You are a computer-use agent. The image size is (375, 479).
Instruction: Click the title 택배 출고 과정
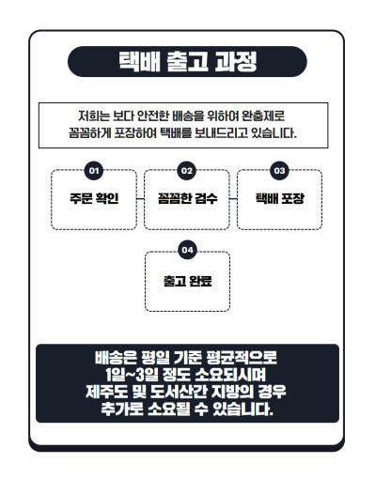click(187, 61)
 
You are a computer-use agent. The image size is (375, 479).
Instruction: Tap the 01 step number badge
click(94, 171)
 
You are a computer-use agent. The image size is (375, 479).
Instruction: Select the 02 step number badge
click(187, 171)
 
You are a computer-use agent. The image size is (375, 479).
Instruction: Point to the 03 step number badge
click(279, 171)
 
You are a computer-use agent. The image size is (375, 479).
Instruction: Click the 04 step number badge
click(187, 250)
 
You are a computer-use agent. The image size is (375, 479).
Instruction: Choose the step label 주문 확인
click(94, 198)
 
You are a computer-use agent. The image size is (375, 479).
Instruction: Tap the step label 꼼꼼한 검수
click(187, 198)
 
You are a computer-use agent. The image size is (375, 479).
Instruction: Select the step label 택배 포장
click(280, 198)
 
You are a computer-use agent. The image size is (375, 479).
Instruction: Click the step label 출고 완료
click(187, 281)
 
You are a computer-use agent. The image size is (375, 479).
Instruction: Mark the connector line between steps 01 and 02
click(140, 198)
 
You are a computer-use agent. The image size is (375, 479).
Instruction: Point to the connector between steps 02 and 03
click(233, 198)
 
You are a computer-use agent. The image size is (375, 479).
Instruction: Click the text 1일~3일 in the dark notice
click(133, 375)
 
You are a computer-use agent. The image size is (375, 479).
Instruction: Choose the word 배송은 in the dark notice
click(116, 358)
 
